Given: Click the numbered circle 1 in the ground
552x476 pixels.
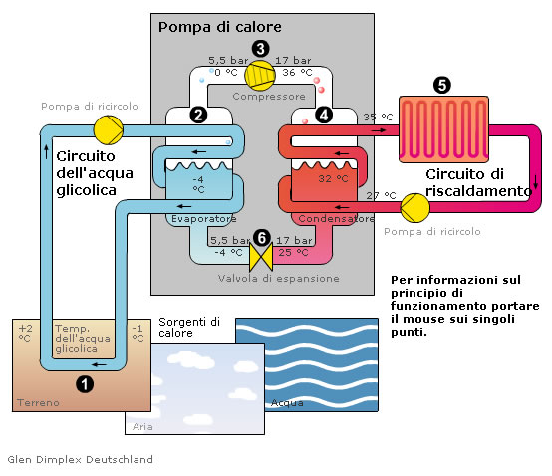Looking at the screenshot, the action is [x=85, y=384].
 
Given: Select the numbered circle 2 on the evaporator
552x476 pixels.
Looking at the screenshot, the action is [x=198, y=116].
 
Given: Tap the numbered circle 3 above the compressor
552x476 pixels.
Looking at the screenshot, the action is [x=260, y=49].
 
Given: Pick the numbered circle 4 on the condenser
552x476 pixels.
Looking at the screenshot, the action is [x=324, y=115].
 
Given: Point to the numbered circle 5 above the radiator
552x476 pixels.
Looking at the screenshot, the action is [x=442, y=85].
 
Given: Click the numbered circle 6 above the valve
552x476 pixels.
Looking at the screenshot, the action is [x=262, y=238].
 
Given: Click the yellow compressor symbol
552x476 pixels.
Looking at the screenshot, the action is [x=260, y=75].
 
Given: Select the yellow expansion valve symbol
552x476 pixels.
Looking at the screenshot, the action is [x=261, y=257].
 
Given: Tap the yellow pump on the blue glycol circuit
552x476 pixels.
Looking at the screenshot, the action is [x=109, y=130].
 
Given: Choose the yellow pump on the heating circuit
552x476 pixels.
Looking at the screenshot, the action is [x=415, y=207].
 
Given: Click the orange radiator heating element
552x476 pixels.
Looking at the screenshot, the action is [x=443, y=129].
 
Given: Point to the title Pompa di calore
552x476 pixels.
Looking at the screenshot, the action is [x=219, y=27].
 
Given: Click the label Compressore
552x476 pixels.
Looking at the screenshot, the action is [x=269, y=96].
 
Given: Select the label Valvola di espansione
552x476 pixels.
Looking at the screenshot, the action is [x=278, y=278].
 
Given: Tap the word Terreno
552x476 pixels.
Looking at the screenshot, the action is [x=38, y=403].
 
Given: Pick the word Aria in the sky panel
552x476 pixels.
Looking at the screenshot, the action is [x=142, y=427].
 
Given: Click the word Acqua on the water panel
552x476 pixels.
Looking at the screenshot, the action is [x=287, y=403].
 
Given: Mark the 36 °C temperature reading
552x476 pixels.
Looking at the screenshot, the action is [x=297, y=72].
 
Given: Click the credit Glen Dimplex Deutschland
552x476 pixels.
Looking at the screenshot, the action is [x=81, y=459].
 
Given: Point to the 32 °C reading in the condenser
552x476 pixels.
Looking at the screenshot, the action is [x=333, y=178].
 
